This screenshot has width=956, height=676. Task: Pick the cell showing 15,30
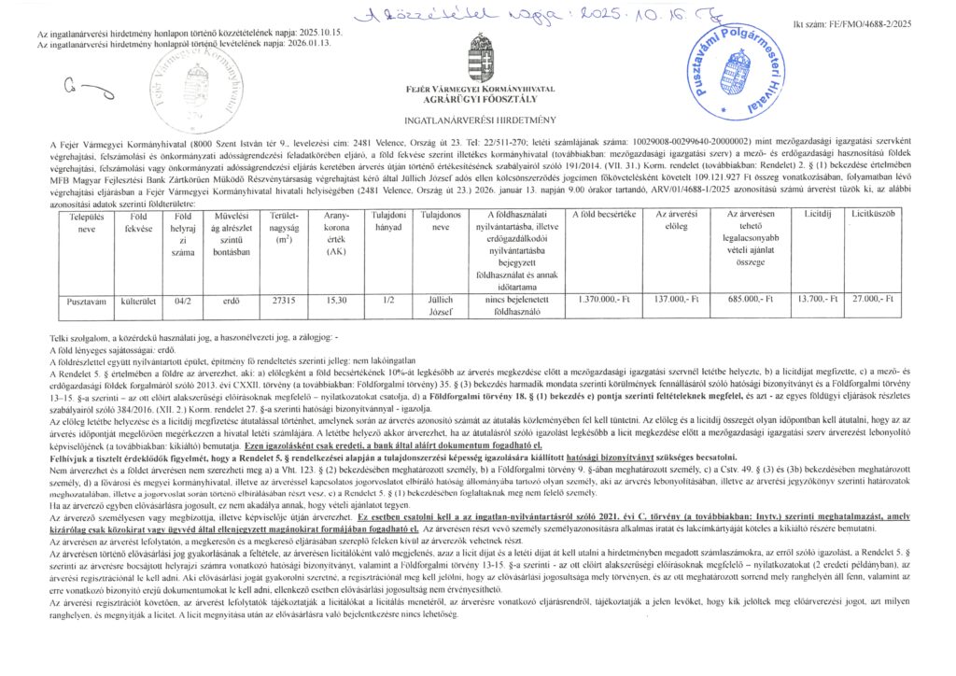(335, 301)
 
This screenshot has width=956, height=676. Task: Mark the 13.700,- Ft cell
(819, 301)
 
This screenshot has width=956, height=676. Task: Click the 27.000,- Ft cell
(874, 301)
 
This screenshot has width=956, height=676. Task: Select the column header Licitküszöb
(874, 215)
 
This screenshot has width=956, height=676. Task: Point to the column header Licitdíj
(819, 215)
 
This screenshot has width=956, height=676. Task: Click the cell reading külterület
(137, 301)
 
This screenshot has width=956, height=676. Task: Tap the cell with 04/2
(182, 301)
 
